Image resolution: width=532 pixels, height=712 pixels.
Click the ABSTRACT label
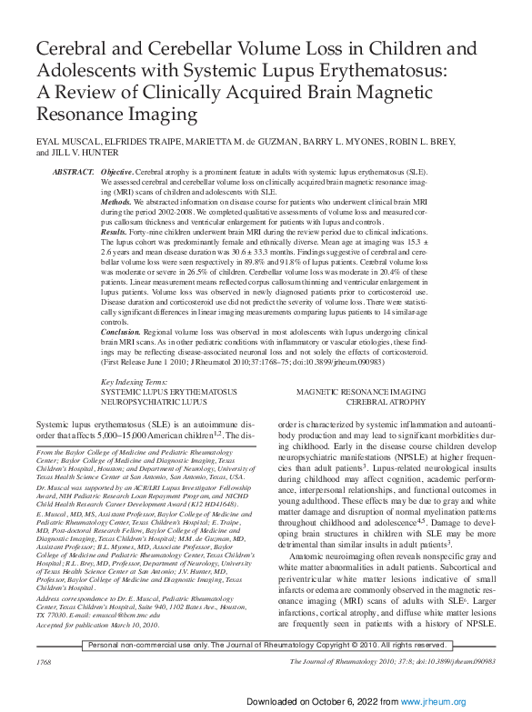pos(74,172)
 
